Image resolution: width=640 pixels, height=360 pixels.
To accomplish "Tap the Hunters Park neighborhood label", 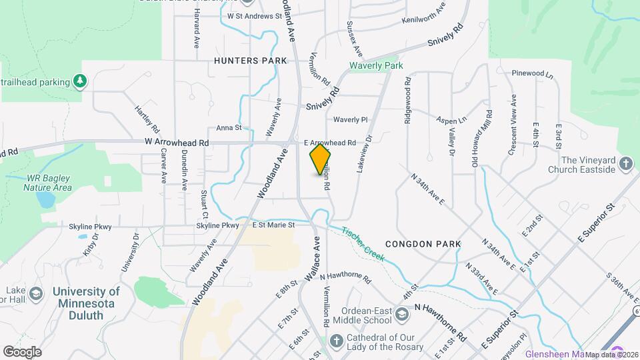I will click(251, 61).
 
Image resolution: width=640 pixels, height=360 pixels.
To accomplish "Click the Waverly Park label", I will click(377, 66).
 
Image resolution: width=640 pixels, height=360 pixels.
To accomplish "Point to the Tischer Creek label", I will click(363, 244).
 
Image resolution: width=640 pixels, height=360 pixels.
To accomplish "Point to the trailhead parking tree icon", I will click(80, 81).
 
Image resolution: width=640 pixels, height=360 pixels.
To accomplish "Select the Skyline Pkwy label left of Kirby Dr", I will click(89, 227).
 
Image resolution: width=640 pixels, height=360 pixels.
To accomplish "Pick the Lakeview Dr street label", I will click(363, 154).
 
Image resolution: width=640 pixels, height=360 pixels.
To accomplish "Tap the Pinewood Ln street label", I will click(533, 73).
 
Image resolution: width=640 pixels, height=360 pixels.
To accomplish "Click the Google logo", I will click(22, 351).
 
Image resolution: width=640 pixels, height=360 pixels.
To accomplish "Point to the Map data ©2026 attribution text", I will click(612, 354).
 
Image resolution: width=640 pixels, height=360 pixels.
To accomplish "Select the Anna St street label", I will click(228, 127).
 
